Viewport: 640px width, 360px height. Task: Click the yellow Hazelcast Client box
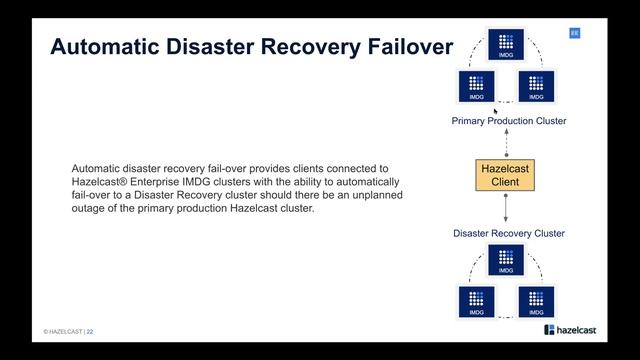[x=505, y=175]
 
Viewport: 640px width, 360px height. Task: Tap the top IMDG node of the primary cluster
[x=506, y=44]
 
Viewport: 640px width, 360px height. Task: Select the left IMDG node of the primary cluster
[x=476, y=86]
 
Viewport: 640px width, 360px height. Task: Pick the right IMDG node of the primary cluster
[x=536, y=86]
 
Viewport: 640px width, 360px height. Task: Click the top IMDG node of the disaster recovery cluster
[x=506, y=260]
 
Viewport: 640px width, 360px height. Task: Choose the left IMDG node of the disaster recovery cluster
[x=476, y=302]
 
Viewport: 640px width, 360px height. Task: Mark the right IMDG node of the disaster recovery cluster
[x=536, y=302]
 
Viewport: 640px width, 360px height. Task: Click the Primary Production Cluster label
[x=509, y=121]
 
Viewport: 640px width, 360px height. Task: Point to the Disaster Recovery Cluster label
[x=509, y=233]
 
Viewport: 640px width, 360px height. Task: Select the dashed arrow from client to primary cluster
[x=507, y=143]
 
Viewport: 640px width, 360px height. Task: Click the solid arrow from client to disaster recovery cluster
[x=506, y=208]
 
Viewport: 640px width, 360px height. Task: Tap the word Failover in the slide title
[x=410, y=46]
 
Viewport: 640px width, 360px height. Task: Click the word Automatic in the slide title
[x=105, y=46]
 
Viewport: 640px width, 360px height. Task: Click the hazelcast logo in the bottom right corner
[x=570, y=330]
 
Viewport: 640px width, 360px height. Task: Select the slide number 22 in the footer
[x=90, y=332]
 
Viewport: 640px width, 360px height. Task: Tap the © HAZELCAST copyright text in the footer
[x=63, y=332]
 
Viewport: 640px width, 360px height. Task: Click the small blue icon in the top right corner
[x=575, y=33]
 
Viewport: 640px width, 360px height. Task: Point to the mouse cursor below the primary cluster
[x=496, y=112]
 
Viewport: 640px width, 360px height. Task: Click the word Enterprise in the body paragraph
[x=155, y=182]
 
